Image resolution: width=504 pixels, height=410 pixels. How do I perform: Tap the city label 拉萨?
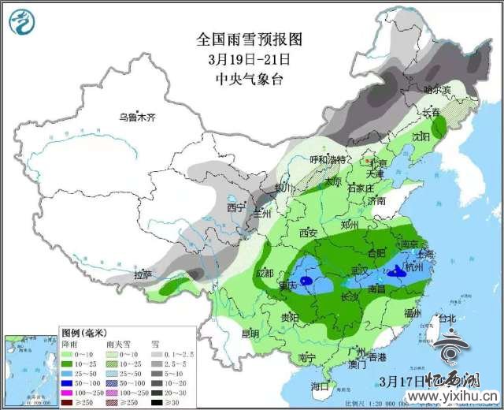tap(143, 275)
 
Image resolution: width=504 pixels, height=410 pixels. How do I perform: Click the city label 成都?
tap(265, 273)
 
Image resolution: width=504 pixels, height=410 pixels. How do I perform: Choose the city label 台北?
tap(447, 319)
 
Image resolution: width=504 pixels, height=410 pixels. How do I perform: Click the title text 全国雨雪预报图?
tap(249, 39)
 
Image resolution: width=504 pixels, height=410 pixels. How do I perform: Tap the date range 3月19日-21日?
tap(249, 58)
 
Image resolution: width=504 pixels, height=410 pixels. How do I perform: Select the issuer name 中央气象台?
tap(249, 78)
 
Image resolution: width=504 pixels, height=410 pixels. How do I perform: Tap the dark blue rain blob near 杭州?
tap(393, 275)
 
